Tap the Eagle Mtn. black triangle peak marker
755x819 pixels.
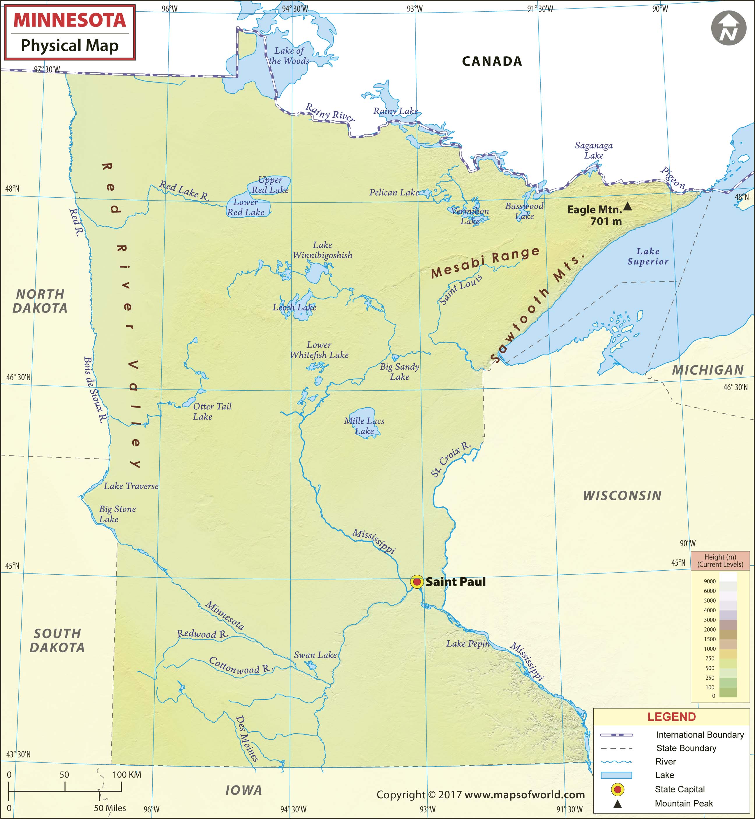click(x=627, y=206)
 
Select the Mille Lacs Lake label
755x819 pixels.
click(x=364, y=426)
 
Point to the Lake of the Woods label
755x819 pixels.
click(x=289, y=56)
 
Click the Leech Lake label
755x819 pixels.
click(x=294, y=307)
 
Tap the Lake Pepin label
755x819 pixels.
click(x=468, y=643)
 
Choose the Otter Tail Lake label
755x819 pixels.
click(x=212, y=411)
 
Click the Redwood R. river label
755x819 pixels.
click(x=202, y=634)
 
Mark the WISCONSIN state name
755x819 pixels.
click(x=622, y=496)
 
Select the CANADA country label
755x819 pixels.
click(x=492, y=61)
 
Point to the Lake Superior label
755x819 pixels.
click(x=648, y=256)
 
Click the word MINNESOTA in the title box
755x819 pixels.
click(x=70, y=20)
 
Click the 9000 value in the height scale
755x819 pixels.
click(x=710, y=581)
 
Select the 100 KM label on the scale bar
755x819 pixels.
click(x=127, y=774)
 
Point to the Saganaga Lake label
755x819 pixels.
click(x=594, y=150)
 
